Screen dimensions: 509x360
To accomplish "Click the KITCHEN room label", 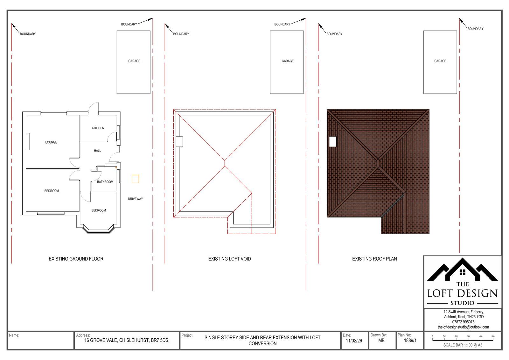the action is pos(98,128).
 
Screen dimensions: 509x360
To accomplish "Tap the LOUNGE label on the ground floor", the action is pos(51,142).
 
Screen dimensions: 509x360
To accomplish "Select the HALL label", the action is pos(97,151).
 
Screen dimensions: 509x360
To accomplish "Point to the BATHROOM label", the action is pos(105,182).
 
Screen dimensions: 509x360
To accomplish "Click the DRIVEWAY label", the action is pos(135,199).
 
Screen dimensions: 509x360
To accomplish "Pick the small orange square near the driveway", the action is pos(136,179).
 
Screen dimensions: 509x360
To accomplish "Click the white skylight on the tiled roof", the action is pos(333,141).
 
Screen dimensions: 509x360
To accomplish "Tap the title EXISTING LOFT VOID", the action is pos(229,259).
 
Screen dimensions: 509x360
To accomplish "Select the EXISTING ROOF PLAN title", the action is pos(374,259).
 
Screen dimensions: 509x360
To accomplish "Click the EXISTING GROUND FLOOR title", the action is pos(76,259).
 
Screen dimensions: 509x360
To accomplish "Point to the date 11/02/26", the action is pos(354,341).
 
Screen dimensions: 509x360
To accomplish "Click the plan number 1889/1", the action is pos(410,341).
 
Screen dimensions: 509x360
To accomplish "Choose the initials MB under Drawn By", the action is pos(381,341).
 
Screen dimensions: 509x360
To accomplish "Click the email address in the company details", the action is pos(463,327).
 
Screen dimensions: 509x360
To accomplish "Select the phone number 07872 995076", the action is pos(464,322).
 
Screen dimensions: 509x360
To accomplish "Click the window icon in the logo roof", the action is pos(463,272).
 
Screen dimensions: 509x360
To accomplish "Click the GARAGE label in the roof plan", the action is pos(440,61).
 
